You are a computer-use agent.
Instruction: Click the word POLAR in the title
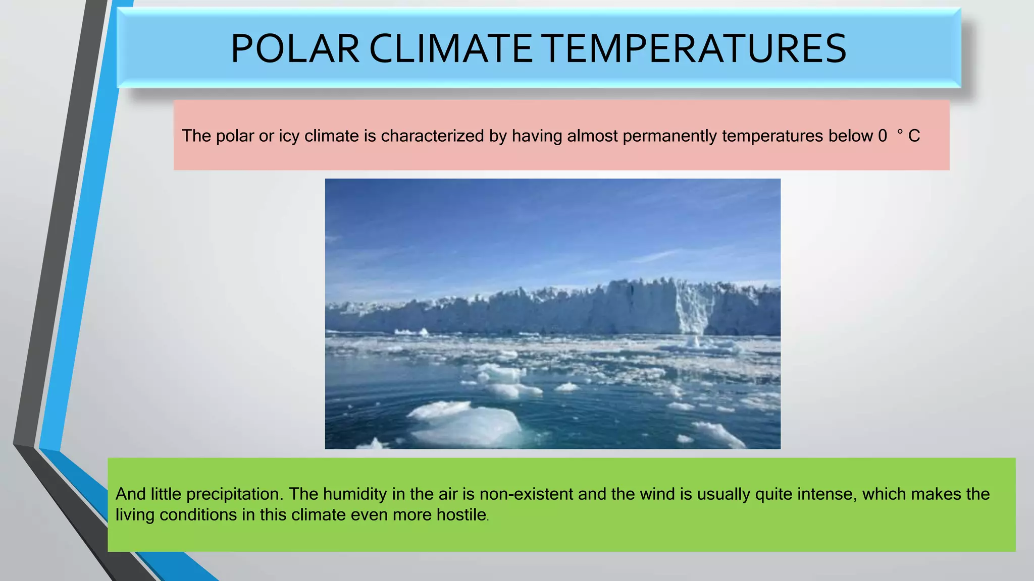[x=295, y=49]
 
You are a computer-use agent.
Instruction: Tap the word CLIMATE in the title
[x=450, y=49]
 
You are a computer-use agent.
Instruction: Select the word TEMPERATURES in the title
[x=695, y=49]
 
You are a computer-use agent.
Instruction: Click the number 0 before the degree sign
[x=882, y=136]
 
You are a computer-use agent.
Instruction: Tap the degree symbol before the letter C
[x=900, y=132]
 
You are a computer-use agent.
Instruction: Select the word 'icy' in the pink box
[x=289, y=136]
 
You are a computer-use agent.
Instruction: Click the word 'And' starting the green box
[x=130, y=494]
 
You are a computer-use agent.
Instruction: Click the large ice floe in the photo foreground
[x=467, y=425]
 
